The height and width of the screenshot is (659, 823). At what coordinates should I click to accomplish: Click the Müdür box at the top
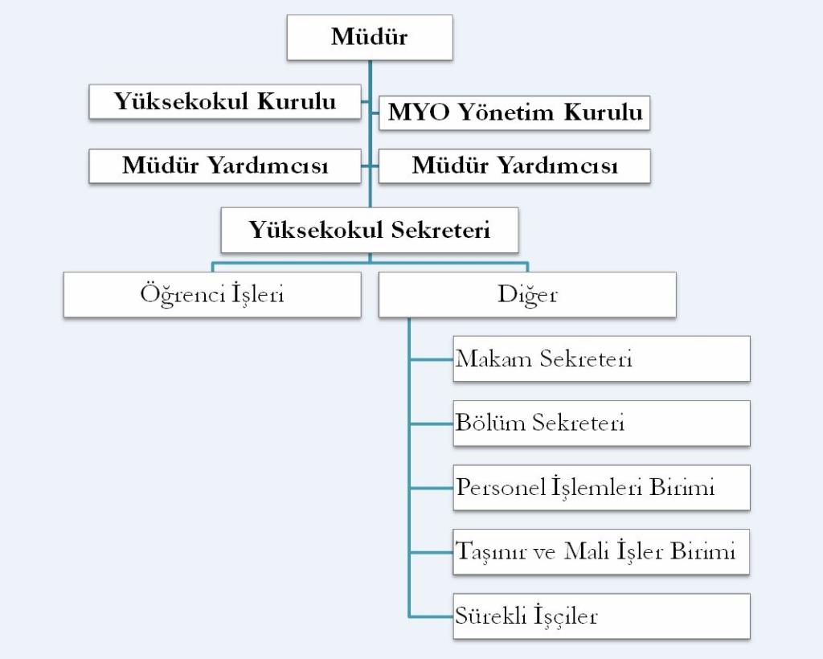[x=370, y=37]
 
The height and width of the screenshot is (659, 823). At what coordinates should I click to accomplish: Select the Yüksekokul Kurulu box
[x=224, y=101]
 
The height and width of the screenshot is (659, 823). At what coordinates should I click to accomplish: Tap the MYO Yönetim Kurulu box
[x=514, y=113]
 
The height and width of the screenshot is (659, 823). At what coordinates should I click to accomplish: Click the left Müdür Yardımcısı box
[x=224, y=166]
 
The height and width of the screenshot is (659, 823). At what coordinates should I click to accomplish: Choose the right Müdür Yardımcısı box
[x=514, y=166]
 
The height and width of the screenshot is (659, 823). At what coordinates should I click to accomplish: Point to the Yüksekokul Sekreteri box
[x=370, y=231]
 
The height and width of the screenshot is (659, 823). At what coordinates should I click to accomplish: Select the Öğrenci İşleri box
[x=212, y=294]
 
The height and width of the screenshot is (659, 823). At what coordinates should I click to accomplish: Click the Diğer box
[x=527, y=294]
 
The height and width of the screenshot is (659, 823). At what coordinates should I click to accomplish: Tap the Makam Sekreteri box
[x=601, y=358]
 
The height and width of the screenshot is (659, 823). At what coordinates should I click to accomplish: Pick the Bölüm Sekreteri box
[x=601, y=423]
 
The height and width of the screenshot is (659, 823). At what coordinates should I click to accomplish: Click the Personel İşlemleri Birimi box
[x=601, y=487]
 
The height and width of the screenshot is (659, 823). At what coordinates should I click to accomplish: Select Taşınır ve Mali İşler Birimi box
[x=601, y=551]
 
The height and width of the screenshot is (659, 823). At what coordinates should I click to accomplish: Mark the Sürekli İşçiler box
[x=601, y=616]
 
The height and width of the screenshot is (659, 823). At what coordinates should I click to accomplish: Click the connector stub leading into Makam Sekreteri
[x=431, y=359]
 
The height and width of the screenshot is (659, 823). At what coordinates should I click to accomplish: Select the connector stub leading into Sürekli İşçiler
[x=431, y=616]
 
